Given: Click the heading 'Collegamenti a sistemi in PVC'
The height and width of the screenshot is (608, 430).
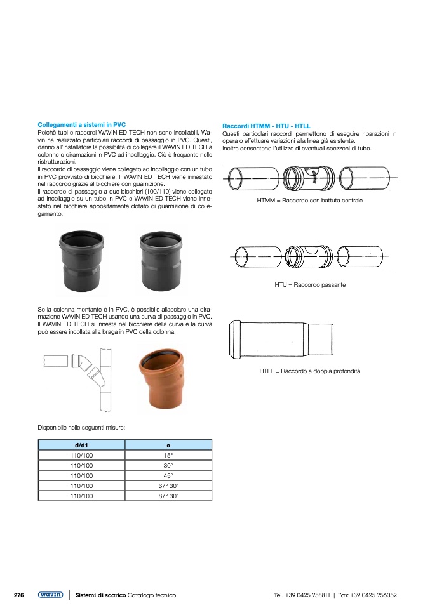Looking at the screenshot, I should [82, 125].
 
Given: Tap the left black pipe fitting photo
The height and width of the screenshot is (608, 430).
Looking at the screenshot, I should [81, 256].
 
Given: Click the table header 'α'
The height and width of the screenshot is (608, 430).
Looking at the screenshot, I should [168, 446].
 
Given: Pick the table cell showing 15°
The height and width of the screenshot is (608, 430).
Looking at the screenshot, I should [168, 456].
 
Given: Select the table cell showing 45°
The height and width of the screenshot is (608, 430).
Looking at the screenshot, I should [168, 475].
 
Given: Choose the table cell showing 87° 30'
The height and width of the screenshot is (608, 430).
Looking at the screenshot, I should [168, 496].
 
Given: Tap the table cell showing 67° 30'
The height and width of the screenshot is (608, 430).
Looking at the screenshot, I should [168, 486].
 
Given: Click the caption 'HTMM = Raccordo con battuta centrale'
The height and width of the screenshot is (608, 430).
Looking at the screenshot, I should [309, 201].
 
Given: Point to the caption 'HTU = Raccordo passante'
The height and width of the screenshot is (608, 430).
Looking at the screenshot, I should [310, 286].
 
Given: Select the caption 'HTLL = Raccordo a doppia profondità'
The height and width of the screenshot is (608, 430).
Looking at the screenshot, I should [310, 371].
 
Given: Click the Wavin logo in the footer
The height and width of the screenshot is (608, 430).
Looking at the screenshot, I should [50, 595].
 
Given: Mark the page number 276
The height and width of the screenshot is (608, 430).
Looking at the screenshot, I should [19, 595].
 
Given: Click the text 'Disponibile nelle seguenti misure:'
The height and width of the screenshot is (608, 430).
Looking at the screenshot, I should [81, 427].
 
